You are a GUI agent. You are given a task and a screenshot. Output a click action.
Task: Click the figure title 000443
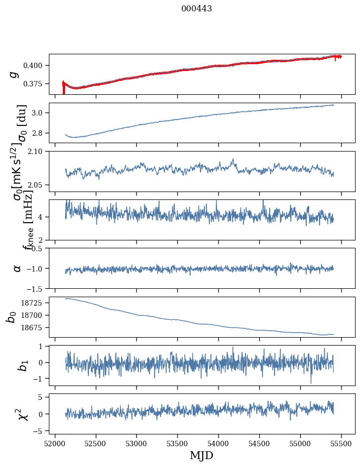tap(197, 9)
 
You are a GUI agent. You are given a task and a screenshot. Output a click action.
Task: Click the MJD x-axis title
tap(201, 455)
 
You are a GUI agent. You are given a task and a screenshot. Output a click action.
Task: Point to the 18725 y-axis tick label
tap(35, 302)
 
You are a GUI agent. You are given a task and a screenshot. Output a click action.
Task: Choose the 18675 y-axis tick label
tap(35, 328)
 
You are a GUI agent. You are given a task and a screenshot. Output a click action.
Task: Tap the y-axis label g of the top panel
tap(15, 74)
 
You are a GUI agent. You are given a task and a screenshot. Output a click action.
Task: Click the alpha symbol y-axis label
tap(17, 268)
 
